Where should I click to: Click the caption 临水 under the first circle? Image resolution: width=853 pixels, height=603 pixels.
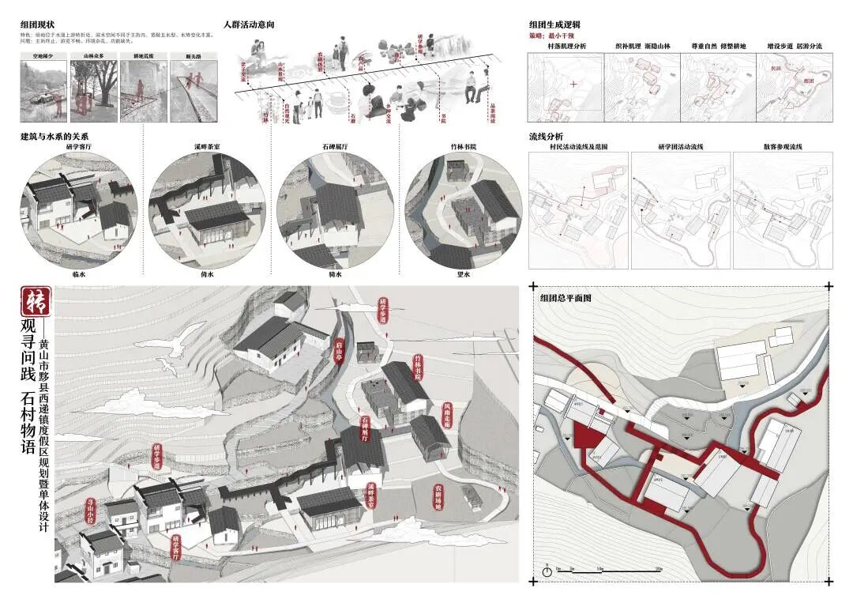pyautogui.click(x=78, y=274)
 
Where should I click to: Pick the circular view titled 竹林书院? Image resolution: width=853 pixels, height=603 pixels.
pyautogui.click(x=464, y=209)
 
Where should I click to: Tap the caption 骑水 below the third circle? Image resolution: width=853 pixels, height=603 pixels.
pyautogui.click(x=335, y=274)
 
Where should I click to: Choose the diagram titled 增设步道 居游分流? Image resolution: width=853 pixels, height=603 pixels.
pyautogui.click(x=794, y=88)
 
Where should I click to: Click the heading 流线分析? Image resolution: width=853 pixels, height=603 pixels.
pyautogui.click(x=546, y=137)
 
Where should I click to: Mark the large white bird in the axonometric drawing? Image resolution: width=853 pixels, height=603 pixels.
pyautogui.click(x=180, y=341)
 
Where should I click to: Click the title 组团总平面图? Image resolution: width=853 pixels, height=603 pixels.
pyautogui.click(x=566, y=299)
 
